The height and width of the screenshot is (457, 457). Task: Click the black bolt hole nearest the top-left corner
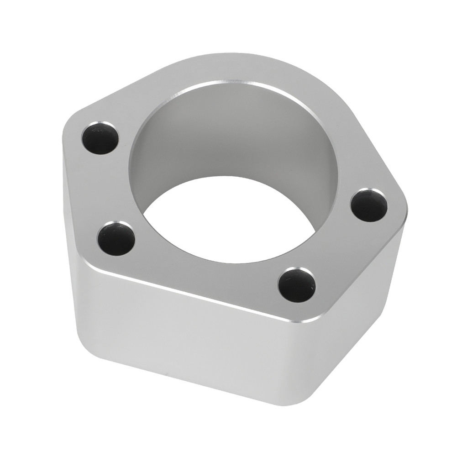coord(100,138)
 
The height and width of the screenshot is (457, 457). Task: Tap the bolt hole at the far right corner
coord(369,205)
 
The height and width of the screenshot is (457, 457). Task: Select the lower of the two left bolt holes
coord(116,238)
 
